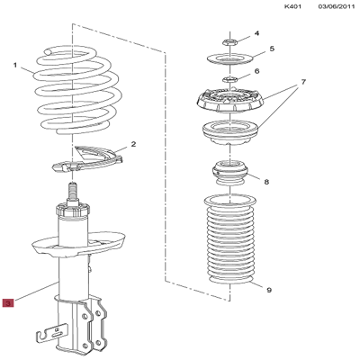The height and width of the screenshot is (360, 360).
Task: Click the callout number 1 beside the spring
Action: click(x=15, y=65)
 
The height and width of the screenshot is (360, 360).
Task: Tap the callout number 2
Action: click(x=133, y=144)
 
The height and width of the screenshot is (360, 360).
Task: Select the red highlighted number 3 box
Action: click(x=8, y=304)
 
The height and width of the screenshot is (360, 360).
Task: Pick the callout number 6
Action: click(x=256, y=72)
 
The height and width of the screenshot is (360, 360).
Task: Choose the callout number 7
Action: click(x=303, y=83)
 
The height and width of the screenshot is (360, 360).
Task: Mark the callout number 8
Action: click(x=265, y=181)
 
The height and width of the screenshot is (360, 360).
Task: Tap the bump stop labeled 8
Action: click(x=229, y=172)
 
